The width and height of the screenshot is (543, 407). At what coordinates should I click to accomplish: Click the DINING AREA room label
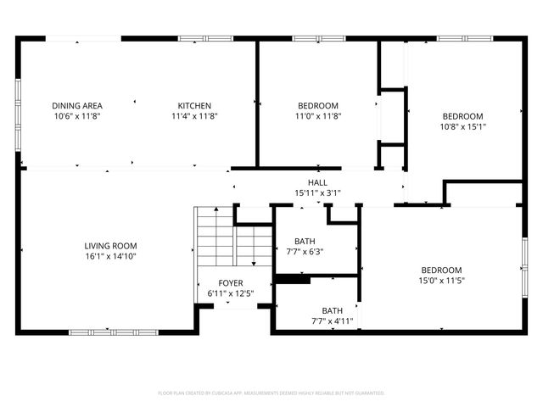[77, 105]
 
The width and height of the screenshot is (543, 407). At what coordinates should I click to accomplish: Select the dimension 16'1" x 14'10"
[110, 256]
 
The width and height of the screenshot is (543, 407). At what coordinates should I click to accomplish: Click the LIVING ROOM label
[110, 246]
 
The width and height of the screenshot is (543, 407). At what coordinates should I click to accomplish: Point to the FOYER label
[231, 282]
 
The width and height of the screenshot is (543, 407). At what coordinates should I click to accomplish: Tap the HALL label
[317, 182]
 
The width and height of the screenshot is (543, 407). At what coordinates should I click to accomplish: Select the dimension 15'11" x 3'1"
[317, 193]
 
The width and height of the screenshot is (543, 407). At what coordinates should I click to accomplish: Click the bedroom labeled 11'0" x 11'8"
[317, 110]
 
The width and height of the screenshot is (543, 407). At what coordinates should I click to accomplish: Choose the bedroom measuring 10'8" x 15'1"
[462, 121]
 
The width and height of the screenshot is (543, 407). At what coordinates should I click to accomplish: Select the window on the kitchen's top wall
[193, 38]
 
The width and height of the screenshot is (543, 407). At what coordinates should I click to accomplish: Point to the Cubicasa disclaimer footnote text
[271, 393]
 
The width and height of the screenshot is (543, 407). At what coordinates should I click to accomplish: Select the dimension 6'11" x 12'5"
[231, 293]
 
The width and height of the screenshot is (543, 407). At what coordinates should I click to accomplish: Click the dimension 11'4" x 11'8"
[194, 116]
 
